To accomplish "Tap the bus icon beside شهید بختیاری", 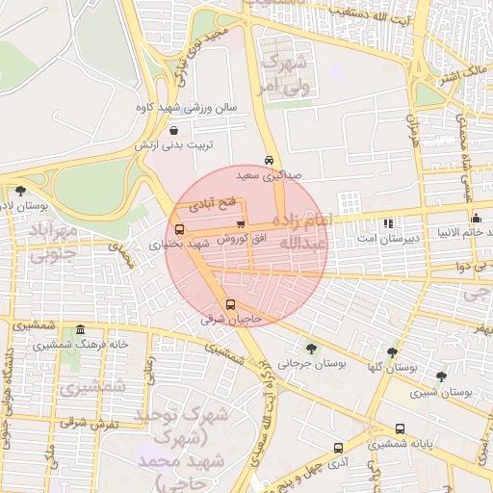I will coord(180,230).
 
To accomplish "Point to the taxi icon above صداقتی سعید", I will coord(268,161).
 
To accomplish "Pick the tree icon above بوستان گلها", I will coord(391,352).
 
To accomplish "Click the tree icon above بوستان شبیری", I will coord(441,376).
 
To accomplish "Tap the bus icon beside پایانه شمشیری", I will coord(400,428).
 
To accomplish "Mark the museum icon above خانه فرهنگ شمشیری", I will coord(80,329).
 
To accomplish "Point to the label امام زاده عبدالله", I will coord(303,233).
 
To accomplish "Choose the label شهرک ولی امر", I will coord(283,74).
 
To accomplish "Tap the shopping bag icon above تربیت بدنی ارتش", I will coord(173,131).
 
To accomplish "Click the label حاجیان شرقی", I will coord(231,319).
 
